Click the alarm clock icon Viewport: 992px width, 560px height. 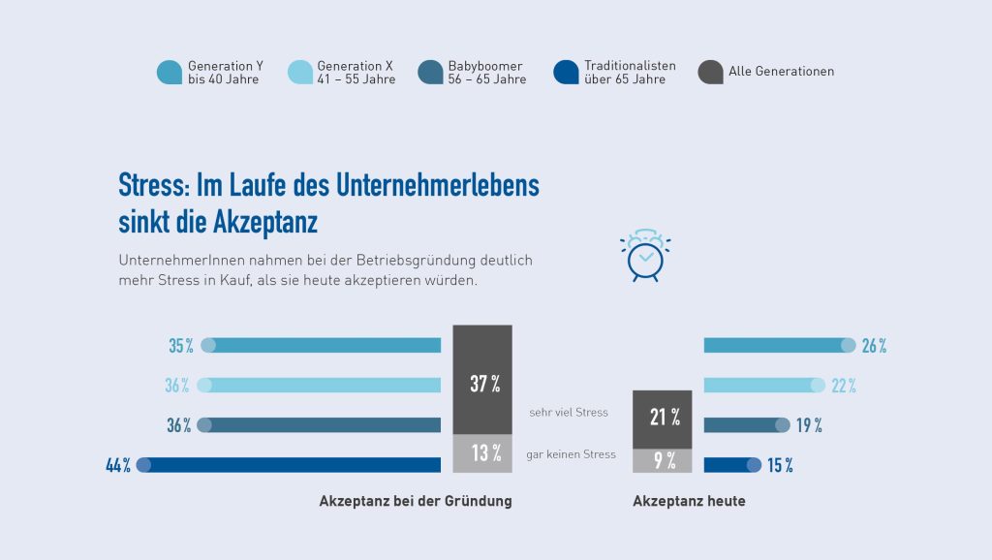(x=644, y=257)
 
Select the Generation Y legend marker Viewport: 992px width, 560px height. (x=170, y=72)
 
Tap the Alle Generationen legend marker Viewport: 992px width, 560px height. (x=710, y=72)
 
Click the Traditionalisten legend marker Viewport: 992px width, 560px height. (x=566, y=72)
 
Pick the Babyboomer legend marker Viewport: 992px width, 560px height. (x=431, y=72)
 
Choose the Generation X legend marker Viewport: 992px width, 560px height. (x=300, y=72)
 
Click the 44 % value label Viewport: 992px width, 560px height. (x=118, y=466)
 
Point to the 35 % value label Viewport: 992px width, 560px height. (x=181, y=346)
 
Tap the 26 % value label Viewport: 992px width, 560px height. (x=874, y=346)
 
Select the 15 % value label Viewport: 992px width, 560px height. (x=780, y=466)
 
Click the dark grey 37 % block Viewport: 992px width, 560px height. (x=482, y=380)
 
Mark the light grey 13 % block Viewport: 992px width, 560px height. (x=482, y=453)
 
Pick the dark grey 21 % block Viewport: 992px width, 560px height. (x=662, y=419)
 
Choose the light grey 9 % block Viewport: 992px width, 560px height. (x=662, y=461)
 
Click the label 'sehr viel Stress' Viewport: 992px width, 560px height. (x=569, y=413)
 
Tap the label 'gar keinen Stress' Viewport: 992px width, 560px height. (x=571, y=454)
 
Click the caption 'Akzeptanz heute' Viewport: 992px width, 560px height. (x=689, y=502)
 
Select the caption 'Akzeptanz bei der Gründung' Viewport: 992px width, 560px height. (x=416, y=502)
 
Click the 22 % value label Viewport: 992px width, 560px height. (x=844, y=386)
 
